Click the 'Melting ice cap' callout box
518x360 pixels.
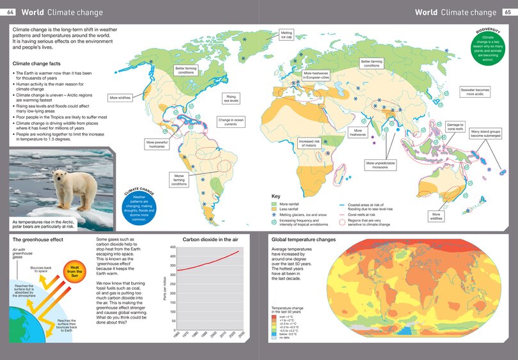287,35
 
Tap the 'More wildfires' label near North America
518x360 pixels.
120,98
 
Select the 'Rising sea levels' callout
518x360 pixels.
232,98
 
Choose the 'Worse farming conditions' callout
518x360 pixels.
179,177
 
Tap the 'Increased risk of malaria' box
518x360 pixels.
309,143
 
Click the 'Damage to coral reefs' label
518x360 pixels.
455,126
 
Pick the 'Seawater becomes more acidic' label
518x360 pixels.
475,92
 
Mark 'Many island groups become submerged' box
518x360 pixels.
485,134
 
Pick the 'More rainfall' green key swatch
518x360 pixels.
274,203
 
